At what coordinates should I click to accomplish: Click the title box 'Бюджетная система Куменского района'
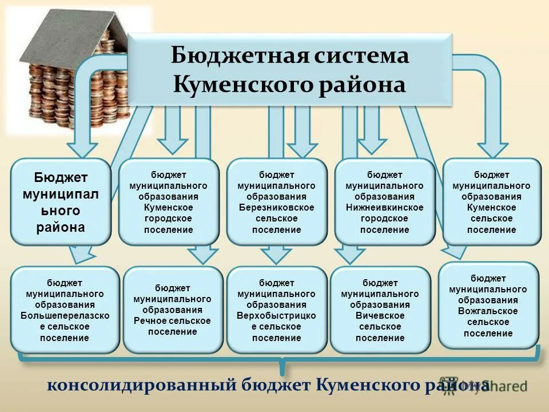tap(289, 70)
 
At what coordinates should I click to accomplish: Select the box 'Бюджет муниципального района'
tap(61, 201)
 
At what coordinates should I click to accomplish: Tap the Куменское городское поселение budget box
tap(169, 201)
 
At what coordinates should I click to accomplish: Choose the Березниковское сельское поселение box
tap(277, 201)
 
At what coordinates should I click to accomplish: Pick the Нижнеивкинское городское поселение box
tap(384, 201)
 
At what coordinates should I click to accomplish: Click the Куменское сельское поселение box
tap(491, 201)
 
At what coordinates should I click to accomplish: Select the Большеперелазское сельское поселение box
tap(65, 310)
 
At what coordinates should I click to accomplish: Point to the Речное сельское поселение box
tap(172, 310)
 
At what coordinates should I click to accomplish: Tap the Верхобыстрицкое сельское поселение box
tap(277, 310)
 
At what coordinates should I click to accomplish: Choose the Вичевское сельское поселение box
tap(380, 310)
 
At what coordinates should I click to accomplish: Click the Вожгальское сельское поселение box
tap(488, 306)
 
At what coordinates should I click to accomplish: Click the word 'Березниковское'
tap(277, 207)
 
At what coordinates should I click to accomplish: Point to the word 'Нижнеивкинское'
tap(384, 207)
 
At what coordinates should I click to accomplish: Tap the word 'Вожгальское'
tap(488, 311)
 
